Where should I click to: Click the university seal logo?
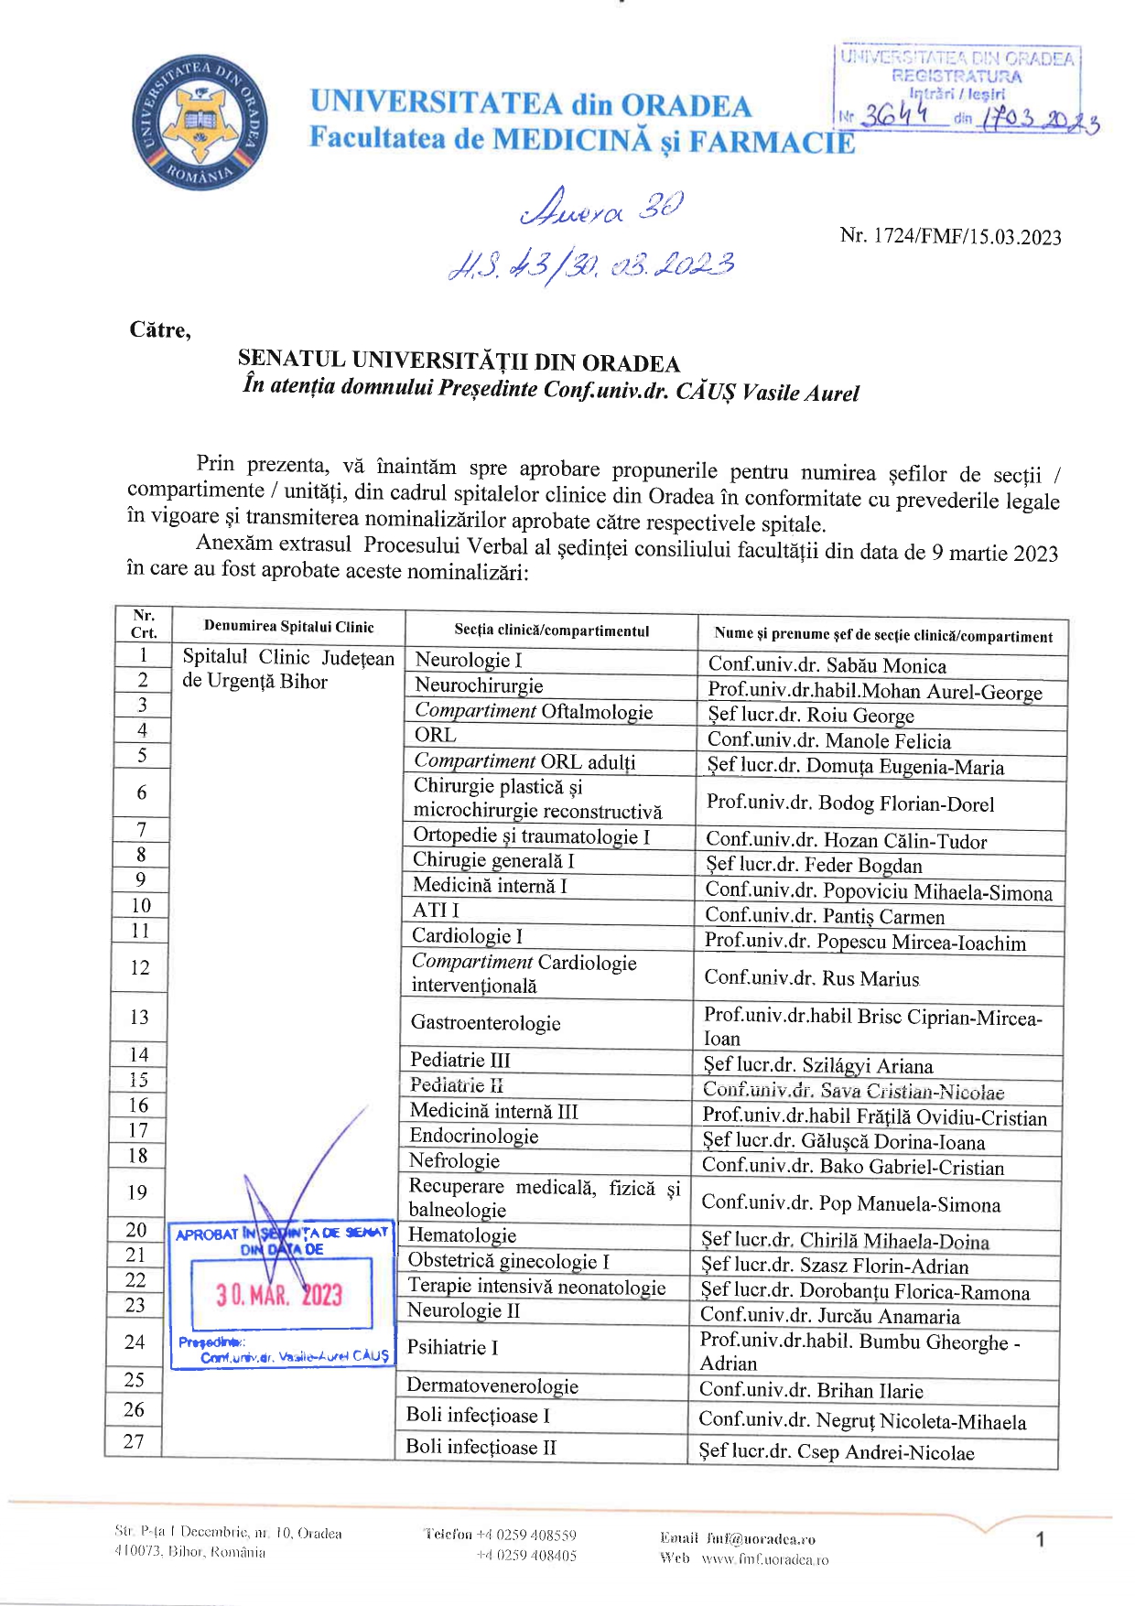coord(200,123)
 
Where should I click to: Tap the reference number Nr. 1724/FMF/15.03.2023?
coord(950,236)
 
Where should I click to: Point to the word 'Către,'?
coord(160,330)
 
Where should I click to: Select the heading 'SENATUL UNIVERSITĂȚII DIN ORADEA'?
coord(459,361)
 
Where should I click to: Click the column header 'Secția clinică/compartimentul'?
coord(551,631)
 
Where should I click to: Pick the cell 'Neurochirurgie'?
coord(479,685)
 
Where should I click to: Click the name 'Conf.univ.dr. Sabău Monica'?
coord(827,665)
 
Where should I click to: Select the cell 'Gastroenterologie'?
coord(485,1022)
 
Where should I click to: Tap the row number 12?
coord(140,967)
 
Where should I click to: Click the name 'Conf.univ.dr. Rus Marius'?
coord(811,978)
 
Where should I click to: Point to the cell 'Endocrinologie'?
coord(473,1136)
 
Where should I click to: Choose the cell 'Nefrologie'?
coord(454,1161)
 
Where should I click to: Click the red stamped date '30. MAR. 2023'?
coord(279,1294)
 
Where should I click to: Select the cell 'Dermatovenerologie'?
coord(492,1385)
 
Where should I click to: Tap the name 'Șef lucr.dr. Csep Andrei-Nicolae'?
coord(837,1452)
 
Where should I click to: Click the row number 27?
coord(134,1441)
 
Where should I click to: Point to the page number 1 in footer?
coord(1040,1540)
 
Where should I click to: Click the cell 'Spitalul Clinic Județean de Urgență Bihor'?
coord(287,669)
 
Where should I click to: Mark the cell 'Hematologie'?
coord(462,1235)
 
